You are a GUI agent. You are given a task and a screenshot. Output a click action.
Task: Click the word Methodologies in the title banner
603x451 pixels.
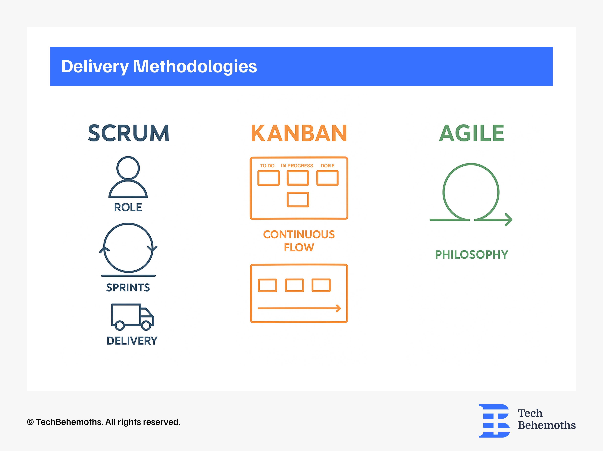(195, 66)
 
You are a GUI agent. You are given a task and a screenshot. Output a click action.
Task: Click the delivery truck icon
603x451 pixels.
(132, 317)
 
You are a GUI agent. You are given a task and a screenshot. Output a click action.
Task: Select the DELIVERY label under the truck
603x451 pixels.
(132, 341)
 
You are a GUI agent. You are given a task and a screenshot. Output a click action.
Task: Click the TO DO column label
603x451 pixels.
(267, 166)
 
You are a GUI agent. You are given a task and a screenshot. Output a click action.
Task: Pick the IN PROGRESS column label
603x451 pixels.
(297, 166)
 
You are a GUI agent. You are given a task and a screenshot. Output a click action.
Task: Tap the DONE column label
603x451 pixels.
(327, 166)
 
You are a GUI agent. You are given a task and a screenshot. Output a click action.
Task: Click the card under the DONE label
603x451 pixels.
(327, 178)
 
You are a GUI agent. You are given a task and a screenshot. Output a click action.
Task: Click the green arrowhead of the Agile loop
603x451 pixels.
(509, 220)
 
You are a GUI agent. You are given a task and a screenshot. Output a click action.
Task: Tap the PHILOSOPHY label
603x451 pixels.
(471, 254)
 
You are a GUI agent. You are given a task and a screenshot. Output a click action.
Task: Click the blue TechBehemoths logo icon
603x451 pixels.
(494, 421)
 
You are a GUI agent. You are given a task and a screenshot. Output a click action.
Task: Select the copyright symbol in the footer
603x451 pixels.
(30, 422)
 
